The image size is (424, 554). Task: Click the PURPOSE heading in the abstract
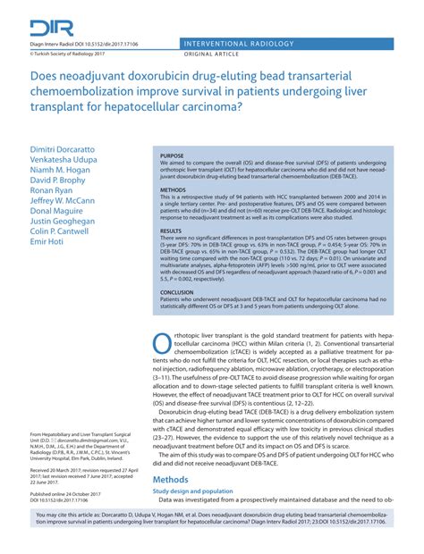pos(172,155)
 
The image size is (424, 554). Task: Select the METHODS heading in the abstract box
pos(173,190)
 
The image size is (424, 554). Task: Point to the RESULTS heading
pos(171,230)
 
